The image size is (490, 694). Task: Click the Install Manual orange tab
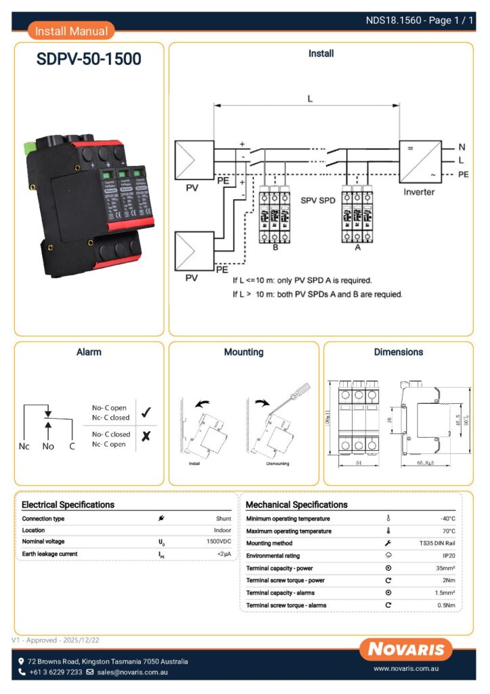(71, 30)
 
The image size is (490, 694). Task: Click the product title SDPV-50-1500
(89, 60)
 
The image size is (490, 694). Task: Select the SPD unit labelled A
(357, 213)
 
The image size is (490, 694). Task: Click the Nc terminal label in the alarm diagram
(24, 447)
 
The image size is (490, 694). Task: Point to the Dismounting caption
(269, 464)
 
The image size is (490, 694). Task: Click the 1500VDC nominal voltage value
(219, 542)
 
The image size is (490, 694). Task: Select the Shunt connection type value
(223, 518)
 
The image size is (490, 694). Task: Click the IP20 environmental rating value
(446, 556)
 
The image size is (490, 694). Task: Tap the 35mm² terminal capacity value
(445, 568)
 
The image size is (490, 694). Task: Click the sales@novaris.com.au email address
(132, 672)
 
